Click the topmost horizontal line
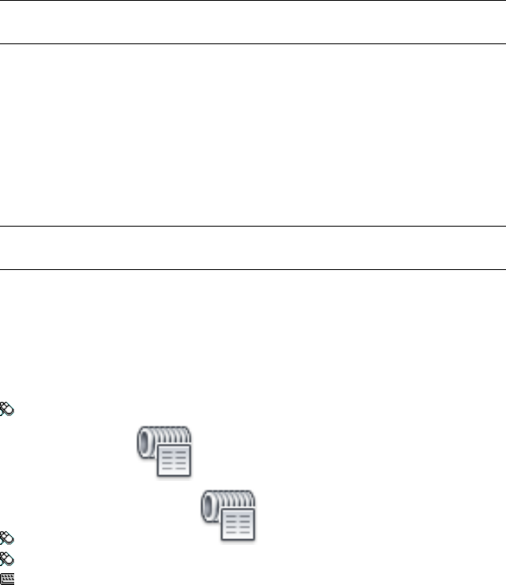click(x=253, y=1)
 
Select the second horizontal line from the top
click(x=253, y=43)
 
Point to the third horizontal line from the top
click(x=253, y=227)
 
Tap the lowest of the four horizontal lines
click(x=253, y=269)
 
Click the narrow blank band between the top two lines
click(x=253, y=22)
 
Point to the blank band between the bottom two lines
click(x=253, y=248)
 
